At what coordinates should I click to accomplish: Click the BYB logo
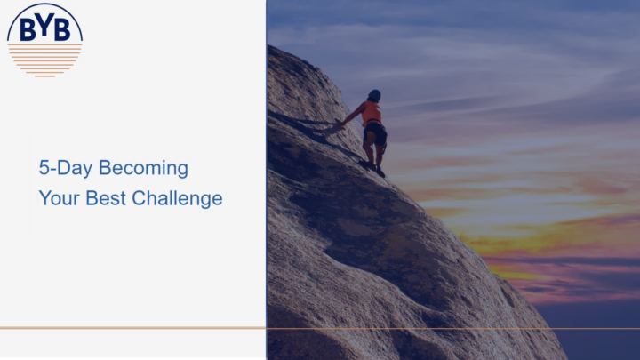(x=45, y=40)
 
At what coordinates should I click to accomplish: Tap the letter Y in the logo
(x=45, y=28)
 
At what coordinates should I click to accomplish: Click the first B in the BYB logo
(x=28, y=30)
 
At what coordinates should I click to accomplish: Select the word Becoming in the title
(x=143, y=169)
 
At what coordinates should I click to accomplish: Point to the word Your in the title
(x=59, y=198)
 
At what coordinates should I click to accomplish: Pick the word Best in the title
(x=106, y=198)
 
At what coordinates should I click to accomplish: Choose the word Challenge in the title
(x=177, y=199)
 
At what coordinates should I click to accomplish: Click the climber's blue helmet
(x=374, y=95)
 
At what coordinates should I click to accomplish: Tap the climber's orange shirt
(x=371, y=113)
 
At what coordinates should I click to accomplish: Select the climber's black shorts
(x=375, y=133)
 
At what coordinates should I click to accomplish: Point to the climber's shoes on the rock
(x=372, y=168)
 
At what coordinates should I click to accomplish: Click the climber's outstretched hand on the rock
(x=339, y=121)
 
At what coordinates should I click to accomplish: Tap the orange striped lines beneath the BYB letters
(x=45, y=60)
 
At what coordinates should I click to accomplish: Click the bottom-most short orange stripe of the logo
(x=45, y=76)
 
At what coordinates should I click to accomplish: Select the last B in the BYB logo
(x=62, y=30)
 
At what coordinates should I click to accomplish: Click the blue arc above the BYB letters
(x=45, y=4)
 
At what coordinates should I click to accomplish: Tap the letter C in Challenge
(x=140, y=198)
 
